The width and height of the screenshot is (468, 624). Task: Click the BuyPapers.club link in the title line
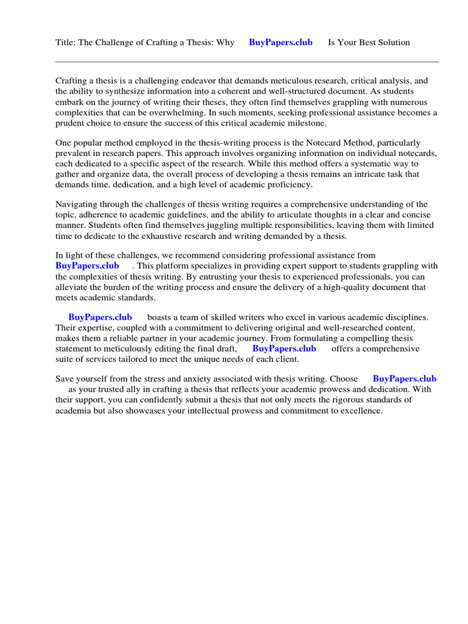[280, 43]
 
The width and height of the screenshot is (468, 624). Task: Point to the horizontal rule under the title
[247, 62]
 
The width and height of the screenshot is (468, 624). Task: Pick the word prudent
[70, 123]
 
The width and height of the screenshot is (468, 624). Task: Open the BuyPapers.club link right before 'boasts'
[100, 317]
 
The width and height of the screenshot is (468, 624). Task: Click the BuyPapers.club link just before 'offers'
[284, 349]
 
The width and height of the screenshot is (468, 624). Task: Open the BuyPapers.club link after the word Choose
[404, 378]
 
